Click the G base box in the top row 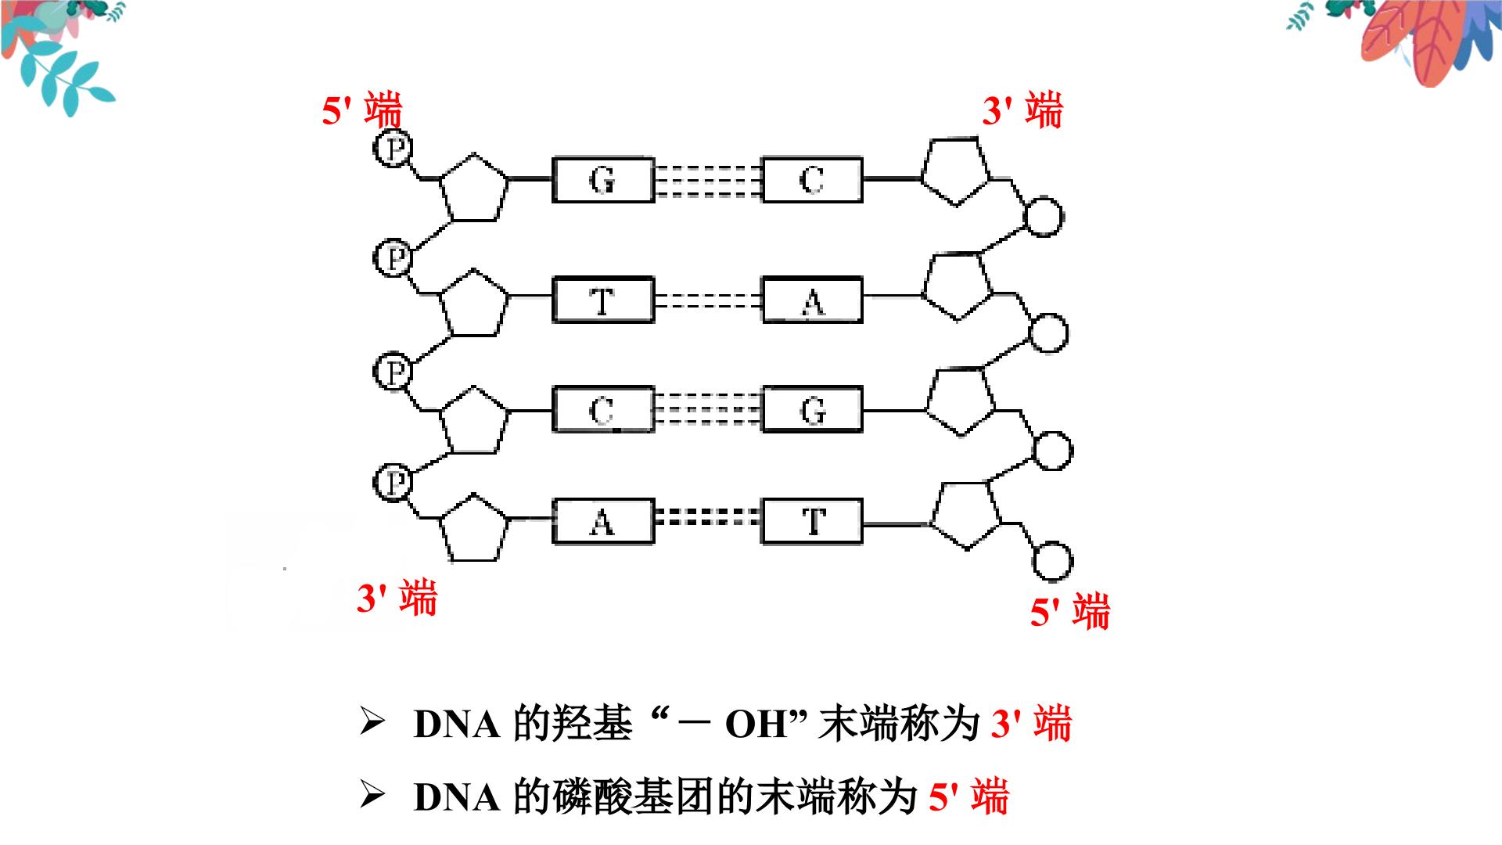(602, 180)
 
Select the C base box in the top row (812, 180)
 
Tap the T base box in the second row (602, 300)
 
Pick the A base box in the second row (812, 300)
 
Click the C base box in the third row (602, 409)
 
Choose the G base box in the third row (812, 409)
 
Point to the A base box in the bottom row (602, 521)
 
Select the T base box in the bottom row (812, 521)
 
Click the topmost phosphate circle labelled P (393, 148)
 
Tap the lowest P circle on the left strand (393, 482)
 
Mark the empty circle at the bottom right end (1052, 562)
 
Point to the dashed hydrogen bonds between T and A (708, 300)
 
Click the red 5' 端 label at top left (361, 110)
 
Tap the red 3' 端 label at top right (1022, 110)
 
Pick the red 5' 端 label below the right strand (1069, 611)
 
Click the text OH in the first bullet (756, 724)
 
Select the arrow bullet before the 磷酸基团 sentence (372, 796)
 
